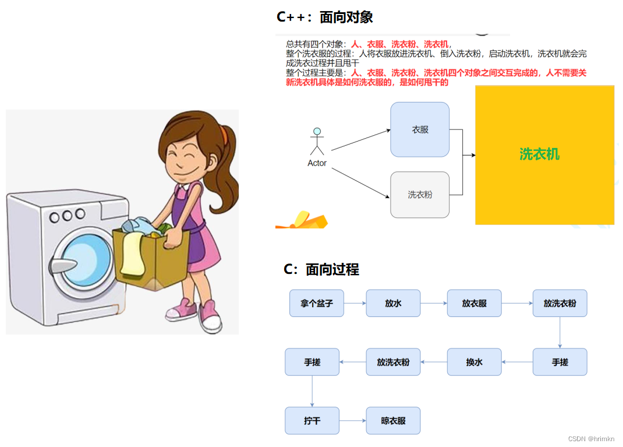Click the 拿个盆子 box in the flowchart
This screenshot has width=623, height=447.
point(317,303)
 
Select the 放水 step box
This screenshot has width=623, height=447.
point(393,303)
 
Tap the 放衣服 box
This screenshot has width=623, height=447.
point(474,303)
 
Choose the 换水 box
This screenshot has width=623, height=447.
point(474,362)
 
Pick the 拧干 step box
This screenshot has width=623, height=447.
point(312,421)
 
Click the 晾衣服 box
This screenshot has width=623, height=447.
point(393,421)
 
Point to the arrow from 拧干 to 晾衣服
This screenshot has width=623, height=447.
point(352,421)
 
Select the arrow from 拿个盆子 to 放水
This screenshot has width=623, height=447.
point(355,303)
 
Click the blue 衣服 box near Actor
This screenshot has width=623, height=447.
point(420,129)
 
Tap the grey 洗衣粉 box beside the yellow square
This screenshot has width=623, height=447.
point(420,195)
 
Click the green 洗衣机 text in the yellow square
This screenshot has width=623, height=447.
point(539,154)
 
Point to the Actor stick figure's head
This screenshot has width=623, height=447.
point(317,131)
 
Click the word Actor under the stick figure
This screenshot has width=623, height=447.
point(317,163)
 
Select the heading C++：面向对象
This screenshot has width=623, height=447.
point(325,17)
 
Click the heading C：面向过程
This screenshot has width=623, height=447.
point(321,269)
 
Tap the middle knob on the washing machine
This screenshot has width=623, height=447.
point(67,217)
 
